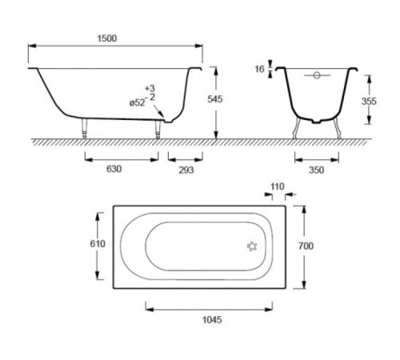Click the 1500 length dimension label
pyautogui.click(x=107, y=38)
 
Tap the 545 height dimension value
pyautogui.click(x=215, y=99)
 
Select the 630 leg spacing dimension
pyautogui.click(x=114, y=169)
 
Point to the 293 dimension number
pyautogui.click(x=186, y=170)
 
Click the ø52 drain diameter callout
pyautogui.click(x=138, y=102)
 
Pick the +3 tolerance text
pyautogui.click(x=150, y=88)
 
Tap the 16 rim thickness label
pyautogui.click(x=259, y=70)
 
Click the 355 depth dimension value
pyautogui.click(x=369, y=102)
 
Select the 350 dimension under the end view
pyautogui.click(x=316, y=170)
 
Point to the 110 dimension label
pyautogui.click(x=278, y=186)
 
